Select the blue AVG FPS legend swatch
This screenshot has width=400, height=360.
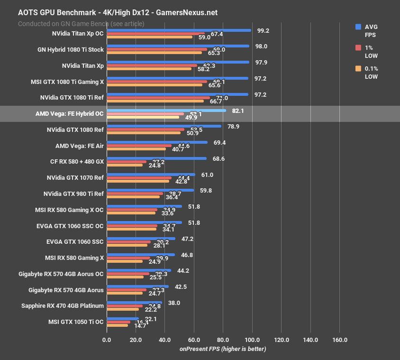(358, 27)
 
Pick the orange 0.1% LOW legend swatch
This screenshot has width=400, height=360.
(358, 69)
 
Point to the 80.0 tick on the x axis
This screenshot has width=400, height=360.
(223, 340)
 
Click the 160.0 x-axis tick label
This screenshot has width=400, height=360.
(340, 340)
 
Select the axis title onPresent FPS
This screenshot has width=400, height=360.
(223, 349)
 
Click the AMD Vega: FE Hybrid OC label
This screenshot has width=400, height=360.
(69, 114)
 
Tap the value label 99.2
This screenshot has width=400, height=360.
(263, 30)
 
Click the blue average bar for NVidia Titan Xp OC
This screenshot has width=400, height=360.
(179, 30)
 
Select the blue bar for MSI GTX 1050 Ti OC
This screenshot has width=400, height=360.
(123, 318)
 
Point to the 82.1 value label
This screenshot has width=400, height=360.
(238, 111)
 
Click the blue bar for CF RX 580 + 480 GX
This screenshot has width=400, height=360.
(156, 158)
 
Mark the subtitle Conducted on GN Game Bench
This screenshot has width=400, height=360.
(81, 24)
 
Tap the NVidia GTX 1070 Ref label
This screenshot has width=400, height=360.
(75, 178)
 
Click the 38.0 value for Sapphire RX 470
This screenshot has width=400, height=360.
(174, 303)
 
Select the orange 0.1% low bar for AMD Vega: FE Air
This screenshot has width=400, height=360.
(136, 149)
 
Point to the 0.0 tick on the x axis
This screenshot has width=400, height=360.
(107, 340)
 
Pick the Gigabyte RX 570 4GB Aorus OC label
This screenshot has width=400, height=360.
(61, 274)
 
